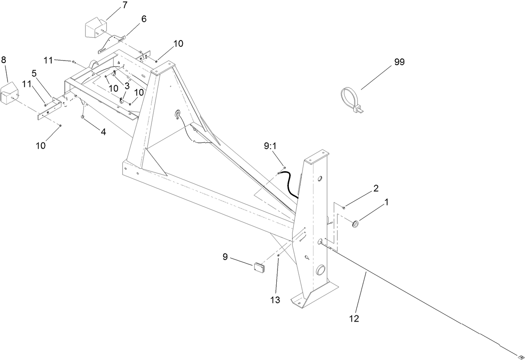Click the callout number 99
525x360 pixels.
point(399,62)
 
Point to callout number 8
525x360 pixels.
point(4,60)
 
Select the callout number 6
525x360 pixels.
point(144,19)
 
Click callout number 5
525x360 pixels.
point(35,74)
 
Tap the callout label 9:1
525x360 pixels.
point(270,146)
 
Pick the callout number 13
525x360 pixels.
point(275,299)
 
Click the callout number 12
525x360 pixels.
point(354,319)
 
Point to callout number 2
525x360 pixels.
point(376,188)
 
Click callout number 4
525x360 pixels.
point(103,132)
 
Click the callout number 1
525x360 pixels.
point(386,202)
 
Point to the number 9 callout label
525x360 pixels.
point(225,256)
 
